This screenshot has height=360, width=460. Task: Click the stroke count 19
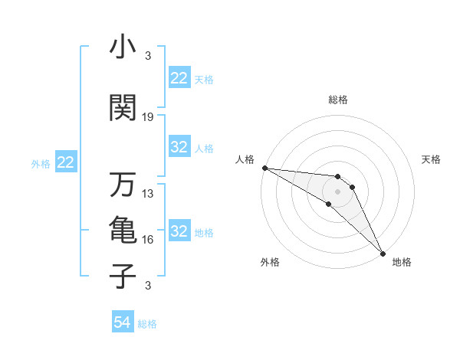click(148, 117)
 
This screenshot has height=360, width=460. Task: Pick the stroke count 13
click(148, 194)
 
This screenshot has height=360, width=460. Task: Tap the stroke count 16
click(148, 240)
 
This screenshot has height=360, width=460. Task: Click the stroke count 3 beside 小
click(148, 56)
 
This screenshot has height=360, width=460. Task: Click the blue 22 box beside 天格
click(179, 77)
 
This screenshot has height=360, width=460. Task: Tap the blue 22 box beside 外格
click(66, 162)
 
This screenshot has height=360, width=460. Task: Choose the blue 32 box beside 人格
click(179, 147)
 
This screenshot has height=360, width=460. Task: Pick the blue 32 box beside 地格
click(179, 231)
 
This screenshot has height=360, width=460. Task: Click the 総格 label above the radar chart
click(338, 100)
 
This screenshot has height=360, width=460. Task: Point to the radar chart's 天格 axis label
click(432, 159)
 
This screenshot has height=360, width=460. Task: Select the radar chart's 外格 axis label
click(270, 262)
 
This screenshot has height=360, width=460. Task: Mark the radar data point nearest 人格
click(264, 168)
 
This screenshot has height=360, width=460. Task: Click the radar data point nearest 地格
click(382, 253)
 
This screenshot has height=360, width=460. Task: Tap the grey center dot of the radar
click(338, 191)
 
